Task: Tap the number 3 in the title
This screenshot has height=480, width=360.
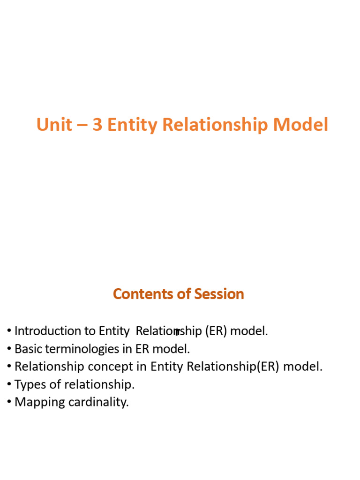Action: coord(97,125)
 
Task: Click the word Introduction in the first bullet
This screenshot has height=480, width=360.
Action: coord(48,331)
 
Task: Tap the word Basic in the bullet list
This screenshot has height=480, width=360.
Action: coord(27,349)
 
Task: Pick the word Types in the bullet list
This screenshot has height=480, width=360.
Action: coord(28,384)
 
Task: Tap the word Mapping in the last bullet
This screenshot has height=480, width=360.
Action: coord(35,402)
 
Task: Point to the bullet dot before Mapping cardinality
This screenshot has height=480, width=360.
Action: coord(9,402)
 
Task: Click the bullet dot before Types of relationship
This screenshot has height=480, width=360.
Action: coord(9,384)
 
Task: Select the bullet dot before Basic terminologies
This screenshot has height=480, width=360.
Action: coord(9,349)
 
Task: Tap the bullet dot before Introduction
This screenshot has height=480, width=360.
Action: coord(9,331)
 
